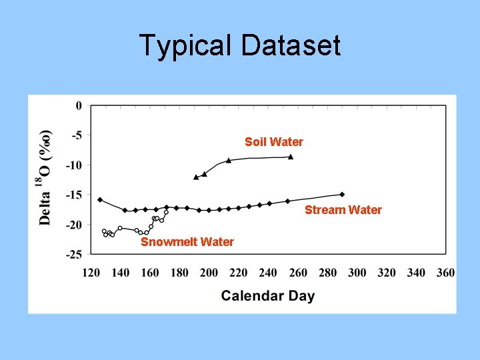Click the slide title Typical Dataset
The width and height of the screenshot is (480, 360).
[240, 46]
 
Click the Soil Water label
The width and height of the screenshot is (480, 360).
[273, 142]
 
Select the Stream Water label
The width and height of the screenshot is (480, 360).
[343, 210]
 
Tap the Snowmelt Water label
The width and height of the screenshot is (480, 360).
[187, 242]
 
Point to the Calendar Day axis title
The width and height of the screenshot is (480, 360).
[267, 295]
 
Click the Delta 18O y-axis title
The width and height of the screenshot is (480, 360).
[45, 175]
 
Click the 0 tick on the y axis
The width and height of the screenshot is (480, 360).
[79, 105]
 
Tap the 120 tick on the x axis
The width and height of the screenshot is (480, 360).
[91, 273]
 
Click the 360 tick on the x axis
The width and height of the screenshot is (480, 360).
[445, 273]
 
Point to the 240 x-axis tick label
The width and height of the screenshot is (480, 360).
[268, 273]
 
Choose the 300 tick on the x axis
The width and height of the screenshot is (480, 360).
[357, 273]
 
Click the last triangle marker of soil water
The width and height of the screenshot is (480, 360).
[291, 157]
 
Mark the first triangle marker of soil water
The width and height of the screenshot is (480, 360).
[196, 177]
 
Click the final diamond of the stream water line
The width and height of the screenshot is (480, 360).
[342, 194]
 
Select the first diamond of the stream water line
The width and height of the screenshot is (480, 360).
[100, 199]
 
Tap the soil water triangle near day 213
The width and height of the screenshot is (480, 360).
[229, 161]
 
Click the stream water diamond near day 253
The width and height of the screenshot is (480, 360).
[287, 201]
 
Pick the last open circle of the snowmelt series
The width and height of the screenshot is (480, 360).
[166, 212]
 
